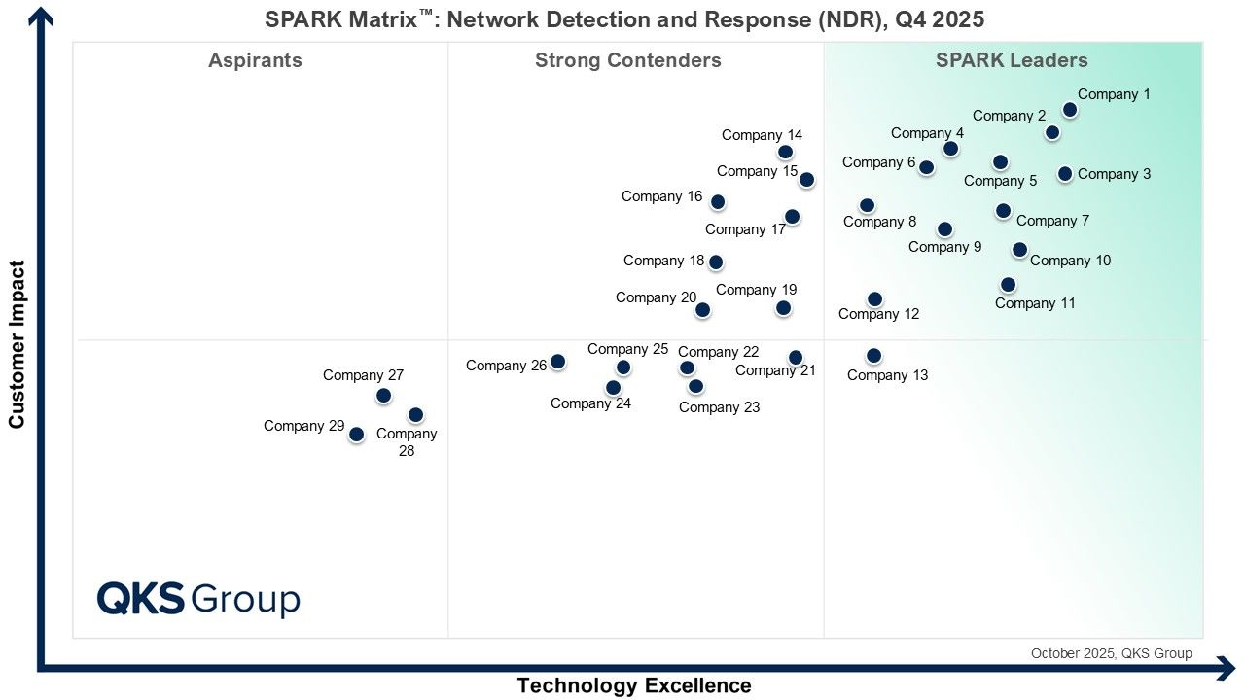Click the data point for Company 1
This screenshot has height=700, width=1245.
point(1069,110)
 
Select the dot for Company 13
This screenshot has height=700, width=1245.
point(873,356)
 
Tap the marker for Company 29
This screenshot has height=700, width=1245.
point(356,435)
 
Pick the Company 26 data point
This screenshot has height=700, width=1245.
point(557,362)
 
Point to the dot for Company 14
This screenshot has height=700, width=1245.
point(785,152)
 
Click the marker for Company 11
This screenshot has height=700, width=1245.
point(1008,285)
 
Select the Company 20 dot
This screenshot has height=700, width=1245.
point(702,310)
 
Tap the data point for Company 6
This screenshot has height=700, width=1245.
point(926,167)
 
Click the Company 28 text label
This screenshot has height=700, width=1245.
point(407,442)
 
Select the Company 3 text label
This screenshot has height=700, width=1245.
point(1114,174)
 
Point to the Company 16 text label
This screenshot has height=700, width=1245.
point(661,196)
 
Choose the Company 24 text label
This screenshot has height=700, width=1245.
point(590,403)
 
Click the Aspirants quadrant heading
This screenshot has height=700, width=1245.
point(255,60)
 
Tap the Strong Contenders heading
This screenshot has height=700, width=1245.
point(627,60)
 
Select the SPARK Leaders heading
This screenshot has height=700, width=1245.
point(1012,60)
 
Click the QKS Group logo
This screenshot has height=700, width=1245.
point(198,599)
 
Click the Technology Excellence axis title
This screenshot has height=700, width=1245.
point(633,685)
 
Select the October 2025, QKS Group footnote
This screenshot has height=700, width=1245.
point(1111,653)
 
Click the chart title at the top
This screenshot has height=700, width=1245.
point(624,19)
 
